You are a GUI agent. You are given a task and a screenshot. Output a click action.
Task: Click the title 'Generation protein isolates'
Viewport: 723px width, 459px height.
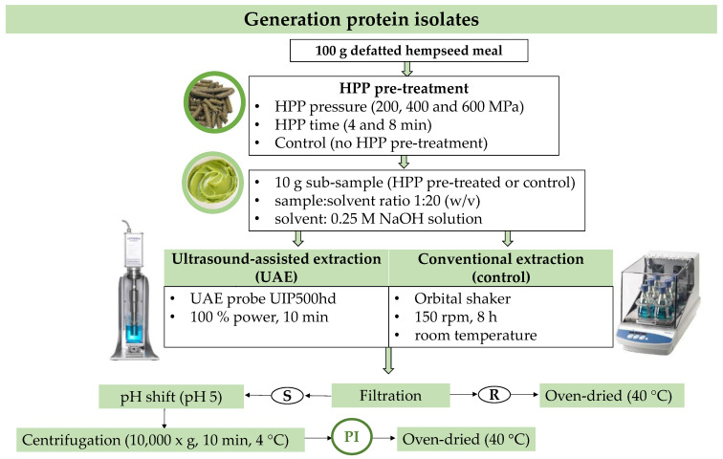pyautogui.click(x=361, y=19)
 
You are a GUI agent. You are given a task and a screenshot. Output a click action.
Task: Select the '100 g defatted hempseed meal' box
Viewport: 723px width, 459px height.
pyautogui.click(x=408, y=51)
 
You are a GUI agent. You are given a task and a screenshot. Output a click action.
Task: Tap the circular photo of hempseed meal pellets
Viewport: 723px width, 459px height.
pyautogui.click(x=214, y=102)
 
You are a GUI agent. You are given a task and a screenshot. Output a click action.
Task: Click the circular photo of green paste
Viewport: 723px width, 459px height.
pyautogui.click(x=212, y=183)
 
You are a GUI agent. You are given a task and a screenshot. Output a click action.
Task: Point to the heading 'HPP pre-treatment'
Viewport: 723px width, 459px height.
pyautogui.click(x=404, y=88)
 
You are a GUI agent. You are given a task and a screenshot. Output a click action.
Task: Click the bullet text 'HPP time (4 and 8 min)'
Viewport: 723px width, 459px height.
pyautogui.click(x=353, y=124)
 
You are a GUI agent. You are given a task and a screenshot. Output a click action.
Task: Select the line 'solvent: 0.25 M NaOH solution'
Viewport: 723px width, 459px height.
pyautogui.click(x=378, y=218)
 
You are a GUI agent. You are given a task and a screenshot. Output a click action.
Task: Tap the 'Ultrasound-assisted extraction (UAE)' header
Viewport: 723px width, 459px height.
pyautogui.click(x=276, y=268)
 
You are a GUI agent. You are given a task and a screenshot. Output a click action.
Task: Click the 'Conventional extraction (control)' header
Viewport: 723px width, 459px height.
pyautogui.click(x=501, y=268)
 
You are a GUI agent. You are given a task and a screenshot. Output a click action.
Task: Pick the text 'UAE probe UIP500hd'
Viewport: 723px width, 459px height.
pyautogui.click(x=263, y=298)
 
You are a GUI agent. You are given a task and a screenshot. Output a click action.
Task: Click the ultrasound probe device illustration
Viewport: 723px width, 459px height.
pyautogui.click(x=134, y=291)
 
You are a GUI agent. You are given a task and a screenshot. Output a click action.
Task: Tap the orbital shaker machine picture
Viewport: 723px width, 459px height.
pyautogui.click(x=658, y=302)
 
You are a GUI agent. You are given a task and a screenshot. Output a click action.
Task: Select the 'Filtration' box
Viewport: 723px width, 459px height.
pyautogui.click(x=390, y=395)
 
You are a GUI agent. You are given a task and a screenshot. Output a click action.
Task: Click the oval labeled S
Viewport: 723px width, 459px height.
pyautogui.click(x=287, y=395)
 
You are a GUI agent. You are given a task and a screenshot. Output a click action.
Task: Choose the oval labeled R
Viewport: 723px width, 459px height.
pyautogui.click(x=493, y=395)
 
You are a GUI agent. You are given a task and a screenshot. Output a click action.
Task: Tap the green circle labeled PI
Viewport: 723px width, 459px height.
pyautogui.click(x=351, y=436)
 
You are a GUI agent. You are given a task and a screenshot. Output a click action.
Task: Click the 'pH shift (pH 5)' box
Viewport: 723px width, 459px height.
pyautogui.click(x=171, y=397)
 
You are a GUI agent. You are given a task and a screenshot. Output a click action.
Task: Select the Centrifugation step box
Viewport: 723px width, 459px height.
pyautogui.click(x=161, y=440)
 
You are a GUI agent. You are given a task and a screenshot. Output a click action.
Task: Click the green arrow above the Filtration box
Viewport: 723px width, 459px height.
pyautogui.click(x=388, y=361)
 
